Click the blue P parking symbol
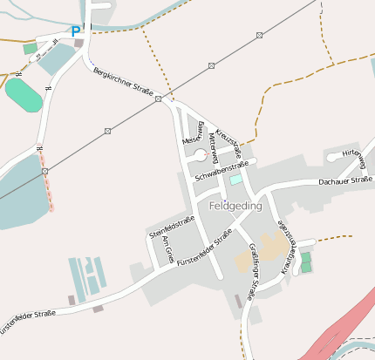pyautogui.click(x=76, y=31)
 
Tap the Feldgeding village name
pyautogui.click(x=235, y=206)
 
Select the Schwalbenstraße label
pyautogui.click(x=222, y=170)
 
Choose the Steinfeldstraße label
pyautogui.click(x=170, y=227)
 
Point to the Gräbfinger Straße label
pyautogui.click(x=252, y=267)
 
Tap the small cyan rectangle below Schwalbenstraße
pyautogui.click(x=235, y=180)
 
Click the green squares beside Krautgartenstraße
pyautogui.click(x=305, y=262)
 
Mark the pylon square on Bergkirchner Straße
pyautogui.click(x=159, y=100)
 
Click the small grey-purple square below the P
pyautogui.click(x=78, y=43)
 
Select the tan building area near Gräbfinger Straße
pyautogui.click(x=265, y=253)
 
